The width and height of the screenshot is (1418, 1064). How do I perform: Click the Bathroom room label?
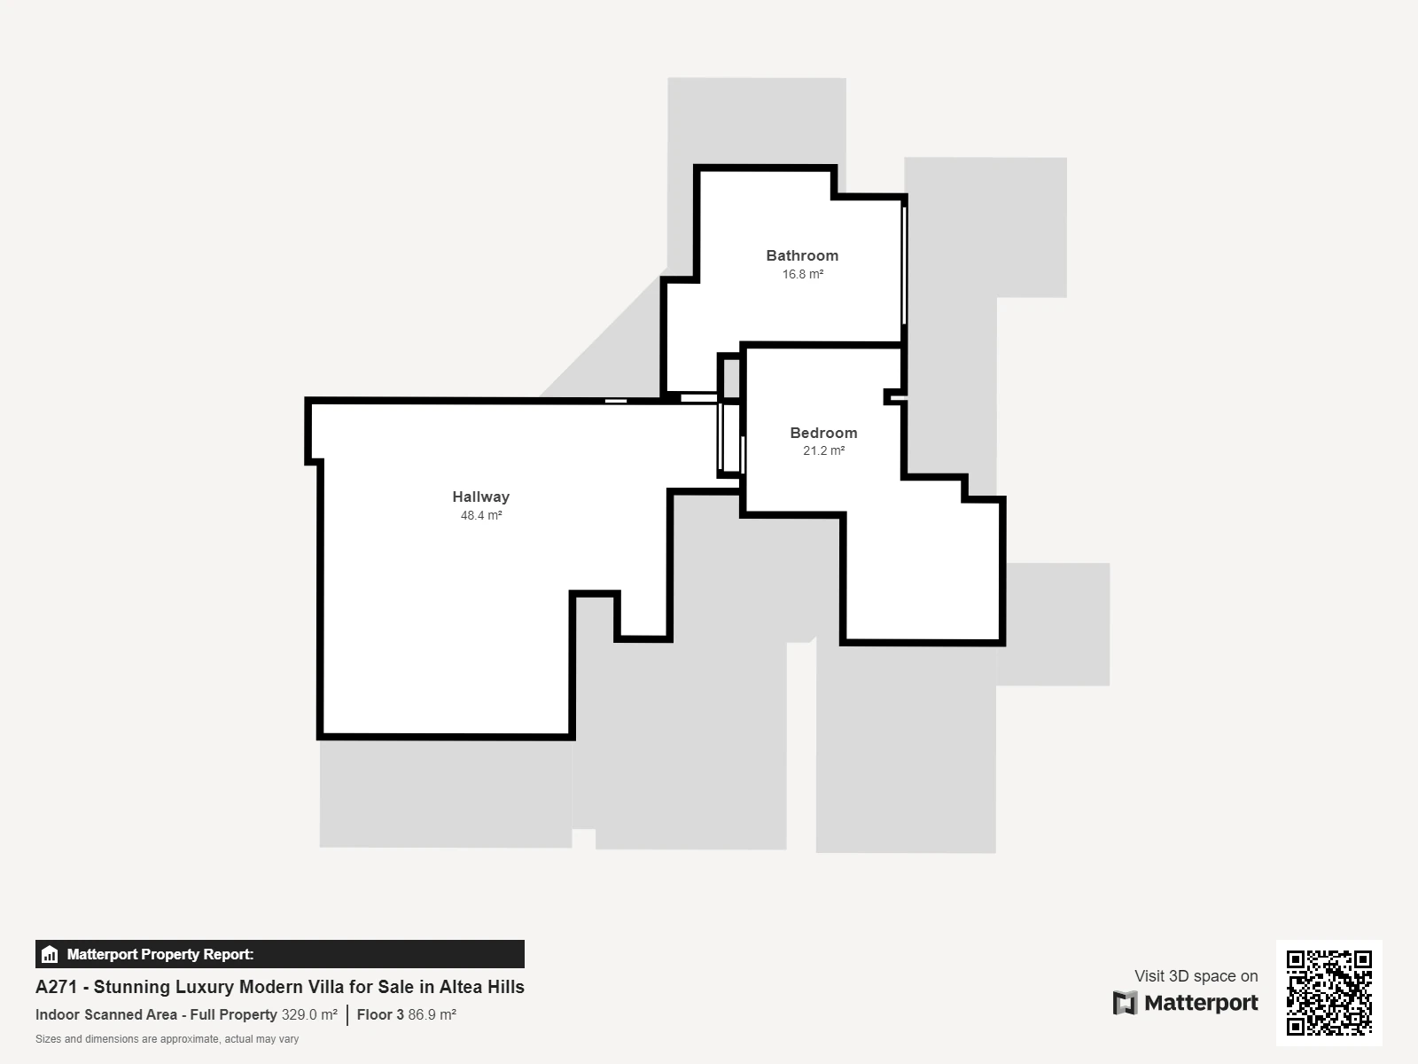pyautogui.click(x=802, y=256)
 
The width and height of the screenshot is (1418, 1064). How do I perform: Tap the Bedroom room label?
pyautogui.click(x=823, y=433)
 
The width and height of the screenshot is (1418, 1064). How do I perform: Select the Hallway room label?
pyautogui.click(x=480, y=497)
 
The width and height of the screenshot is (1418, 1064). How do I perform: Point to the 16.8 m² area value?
pyautogui.click(x=803, y=274)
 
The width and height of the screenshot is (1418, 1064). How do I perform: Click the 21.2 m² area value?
pyautogui.click(x=823, y=450)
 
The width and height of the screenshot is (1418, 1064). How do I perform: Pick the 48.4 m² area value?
pyautogui.click(x=481, y=515)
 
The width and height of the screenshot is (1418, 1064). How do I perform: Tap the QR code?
pyautogui.click(x=1328, y=993)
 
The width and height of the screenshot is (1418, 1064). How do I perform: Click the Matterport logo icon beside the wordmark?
pyautogui.click(x=1125, y=1003)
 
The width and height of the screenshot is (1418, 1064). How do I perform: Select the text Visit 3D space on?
pyautogui.click(x=1196, y=976)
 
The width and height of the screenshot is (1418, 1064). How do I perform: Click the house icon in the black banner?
pyautogui.click(x=50, y=954)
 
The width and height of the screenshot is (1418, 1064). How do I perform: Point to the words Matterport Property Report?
pyautogui.click(x=160, y=954)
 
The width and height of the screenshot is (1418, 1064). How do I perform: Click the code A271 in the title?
pyautogui.click(x=56, y=987)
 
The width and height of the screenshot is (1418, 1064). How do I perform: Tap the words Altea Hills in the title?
pyautogui.click(x=482, y=987)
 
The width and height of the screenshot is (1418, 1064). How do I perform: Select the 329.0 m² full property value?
pyautogui.click(x=309, y=1014)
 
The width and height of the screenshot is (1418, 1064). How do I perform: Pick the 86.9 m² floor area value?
pyautogui.click(x=432, y=1014)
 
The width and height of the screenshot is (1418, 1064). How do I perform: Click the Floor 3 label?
pyautogui.click(x=380, y=1014)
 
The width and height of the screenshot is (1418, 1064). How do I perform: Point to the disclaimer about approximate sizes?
pyautogui.click(x=168, y=1039)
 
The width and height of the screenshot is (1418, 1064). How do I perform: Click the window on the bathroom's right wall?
pyautogui.click(x=905, y=265)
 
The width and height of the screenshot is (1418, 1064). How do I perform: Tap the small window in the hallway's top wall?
pyautogui.click(x=616, y=401)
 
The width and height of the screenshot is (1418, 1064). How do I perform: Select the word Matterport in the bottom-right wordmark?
pyautogui.click(x=1202, y=1003)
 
